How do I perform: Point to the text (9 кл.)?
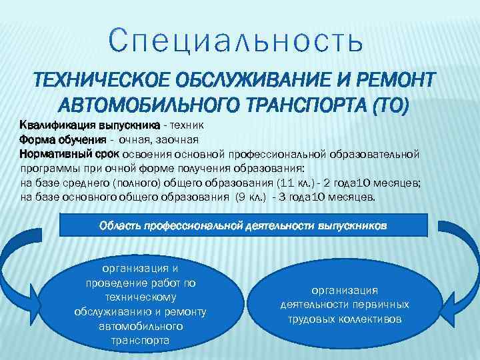tap(251, 198)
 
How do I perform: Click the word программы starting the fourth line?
tap(48, 169)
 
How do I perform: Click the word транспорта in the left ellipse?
tap(141, 340)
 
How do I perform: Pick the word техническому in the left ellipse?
tap(141, 297)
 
